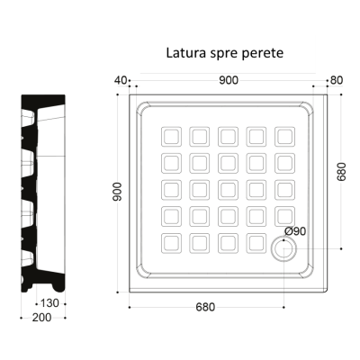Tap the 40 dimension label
pyautogui.click(x=121, y=80)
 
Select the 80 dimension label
pyautogui.click(x=337, y=80)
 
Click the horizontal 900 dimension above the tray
pyautogui.click(x=229, y=80)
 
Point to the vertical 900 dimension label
pyautogui.click(x=117, y=192)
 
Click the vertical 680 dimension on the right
pyautogui.click(x=341, y=172)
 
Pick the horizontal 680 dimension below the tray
pyautogui.click(x=205, y=307)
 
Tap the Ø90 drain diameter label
pyautogui.click(x=295, y=231)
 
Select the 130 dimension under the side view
pyautogui.click(x=49, y=303)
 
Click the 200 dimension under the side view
pyautogui.click(x=42, y=318)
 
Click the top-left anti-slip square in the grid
pyautogui.click(x=171, y=137)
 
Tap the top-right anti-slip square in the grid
pyautogui.click(x=284, y=137)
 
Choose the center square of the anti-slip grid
pyautogui.click(x=228, y=190)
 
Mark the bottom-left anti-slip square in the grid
pyautogui.click(x=171, y=243)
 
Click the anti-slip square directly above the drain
pyautogui.click(x=284, y=216)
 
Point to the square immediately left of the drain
pyautogui.click(x=256, y=243)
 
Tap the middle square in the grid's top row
pyautogui.click(x=228, y=137)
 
